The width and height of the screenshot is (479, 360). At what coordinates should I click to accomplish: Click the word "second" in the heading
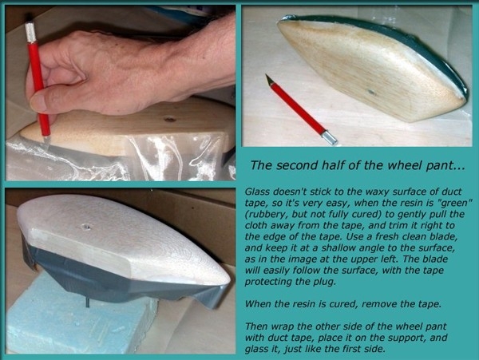[x=295, y=165]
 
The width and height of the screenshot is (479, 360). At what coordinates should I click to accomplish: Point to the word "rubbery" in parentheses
[x=267, y=215]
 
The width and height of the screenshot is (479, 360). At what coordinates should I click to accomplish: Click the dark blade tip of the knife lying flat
[x=268, y=79]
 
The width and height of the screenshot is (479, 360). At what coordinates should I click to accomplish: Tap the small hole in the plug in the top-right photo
[x=371, y=92]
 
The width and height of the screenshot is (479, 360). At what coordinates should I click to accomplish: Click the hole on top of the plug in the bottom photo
[x=86, y=227]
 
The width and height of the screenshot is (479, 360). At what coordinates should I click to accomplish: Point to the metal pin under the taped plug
[x=87, y=303]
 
